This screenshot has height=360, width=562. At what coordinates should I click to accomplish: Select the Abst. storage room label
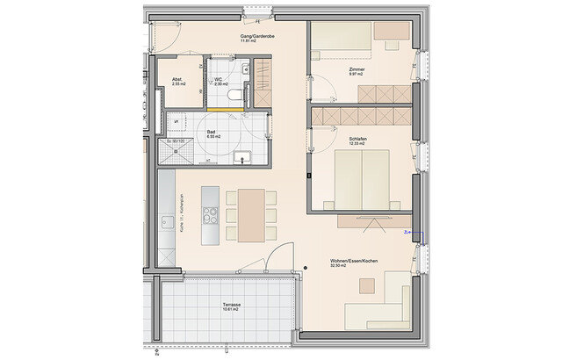tap(177, 79)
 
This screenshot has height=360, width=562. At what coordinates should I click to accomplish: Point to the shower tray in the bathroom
tap(177, 153)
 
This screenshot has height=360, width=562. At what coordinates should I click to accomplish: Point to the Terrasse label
tap(232, 304)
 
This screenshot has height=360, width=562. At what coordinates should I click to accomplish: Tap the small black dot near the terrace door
tap(303, 267)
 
